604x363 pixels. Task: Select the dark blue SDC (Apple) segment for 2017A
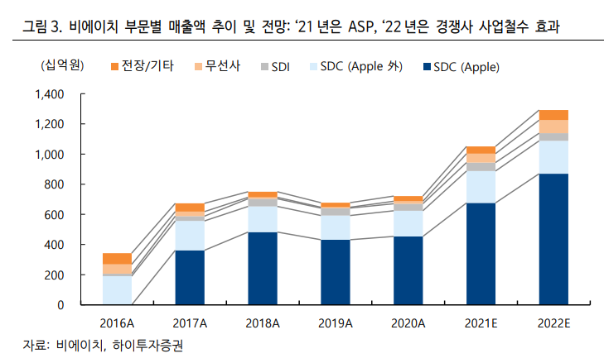pyautogui.click(x=190, y=277)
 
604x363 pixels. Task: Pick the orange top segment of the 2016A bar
pyautogui.click(x=118, y=258)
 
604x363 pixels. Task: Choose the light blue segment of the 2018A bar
pyautogui.click(x=263, y=218)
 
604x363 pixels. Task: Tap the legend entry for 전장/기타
pyautogui.click(x=143, y=65)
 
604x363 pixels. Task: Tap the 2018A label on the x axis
pyautogui.click(x=263, y=321)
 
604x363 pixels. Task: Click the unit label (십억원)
pyautogui.click(x=58, y=65)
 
